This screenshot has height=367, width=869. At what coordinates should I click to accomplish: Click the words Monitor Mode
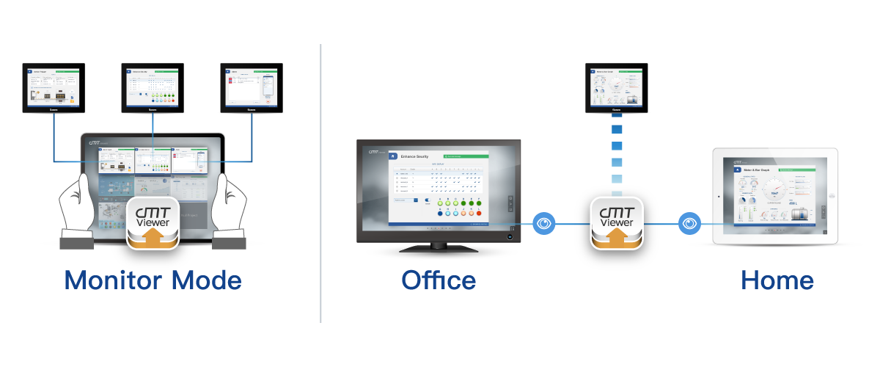pyautogui.click(x=153, y=280)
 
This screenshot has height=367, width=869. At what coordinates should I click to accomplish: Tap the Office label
pyautogui.click(x=439, y=280)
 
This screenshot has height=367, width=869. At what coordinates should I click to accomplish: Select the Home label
pyautogui.click(x=777, y=280)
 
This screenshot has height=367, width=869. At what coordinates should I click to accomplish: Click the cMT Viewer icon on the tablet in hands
pyautogui.click(x=153, y=222)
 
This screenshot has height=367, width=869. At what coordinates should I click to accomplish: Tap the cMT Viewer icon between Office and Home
pyautogui.click(x=617, y=222)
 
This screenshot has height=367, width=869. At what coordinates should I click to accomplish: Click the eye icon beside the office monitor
pyautogui.click(x=543, y=222)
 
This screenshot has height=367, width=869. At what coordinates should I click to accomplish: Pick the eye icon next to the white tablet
pyautogui.click(x=689, y=222)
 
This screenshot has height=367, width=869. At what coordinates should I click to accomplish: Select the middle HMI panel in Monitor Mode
pyautogui.click(x=153, y=88)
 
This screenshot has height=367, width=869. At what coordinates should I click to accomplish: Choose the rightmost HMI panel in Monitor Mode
pyautogui.click(x=252, y=88)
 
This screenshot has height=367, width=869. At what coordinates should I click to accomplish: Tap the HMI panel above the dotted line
pyautogui.click(x=617, y=88)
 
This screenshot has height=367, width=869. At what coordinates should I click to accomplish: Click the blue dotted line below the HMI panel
pyautogui.click(x=617, y=154)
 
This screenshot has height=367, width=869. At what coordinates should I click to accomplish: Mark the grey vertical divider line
pyautogui.click(x=321, y=183)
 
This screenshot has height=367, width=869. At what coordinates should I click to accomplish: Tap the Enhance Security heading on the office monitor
pyautogui.click(x=415, y=157)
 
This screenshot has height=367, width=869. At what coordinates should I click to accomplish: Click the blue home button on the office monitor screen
pyautogui.click(x=393, y=156)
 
